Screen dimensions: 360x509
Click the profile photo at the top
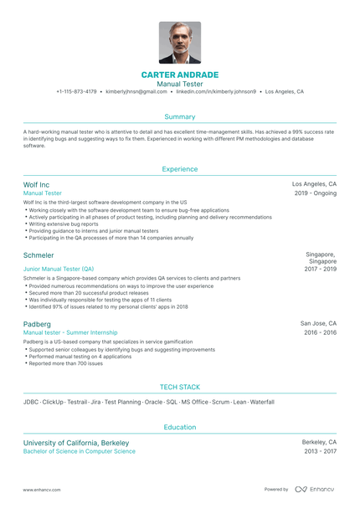180,43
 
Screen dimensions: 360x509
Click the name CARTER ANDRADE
180,75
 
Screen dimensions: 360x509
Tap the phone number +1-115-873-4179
76,91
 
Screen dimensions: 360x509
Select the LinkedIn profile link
217,91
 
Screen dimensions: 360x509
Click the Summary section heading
180,116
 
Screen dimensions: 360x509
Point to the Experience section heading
180,169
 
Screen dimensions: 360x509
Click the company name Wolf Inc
37,184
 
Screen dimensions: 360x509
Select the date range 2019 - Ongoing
316,193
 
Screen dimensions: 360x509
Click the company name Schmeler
39,255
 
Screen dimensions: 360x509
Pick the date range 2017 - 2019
320,269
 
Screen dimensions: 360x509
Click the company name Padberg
38,323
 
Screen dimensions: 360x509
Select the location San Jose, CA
318,322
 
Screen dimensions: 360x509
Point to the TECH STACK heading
180,388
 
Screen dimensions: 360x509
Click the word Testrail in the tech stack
78,402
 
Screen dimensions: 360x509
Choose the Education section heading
180,427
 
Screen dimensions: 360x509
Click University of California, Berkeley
76,442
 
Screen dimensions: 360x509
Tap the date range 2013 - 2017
320,451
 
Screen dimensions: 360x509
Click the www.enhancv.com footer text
40,489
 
